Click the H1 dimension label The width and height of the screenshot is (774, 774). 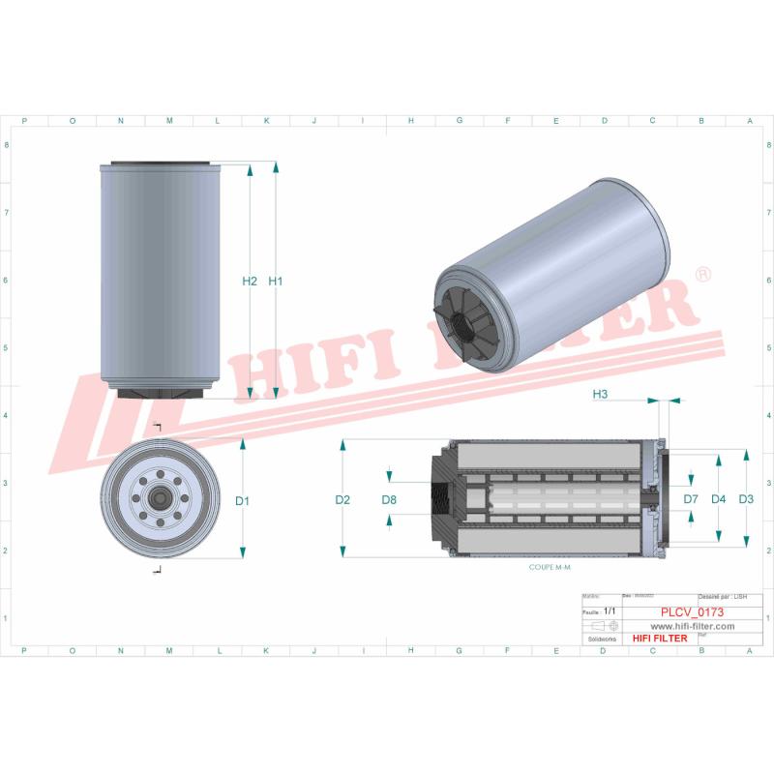pyautogui.click(x=275, y=282)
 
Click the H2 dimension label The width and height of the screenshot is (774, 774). pyautogui.click(x=249, y=282)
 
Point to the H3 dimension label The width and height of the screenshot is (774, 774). pyautogui.click(x=600, y=394)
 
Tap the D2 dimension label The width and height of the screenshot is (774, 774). pyautogui.click(x=342, y=500)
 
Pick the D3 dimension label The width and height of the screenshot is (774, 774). pyautogui.click(x=745, y=499)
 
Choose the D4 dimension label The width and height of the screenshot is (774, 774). pyautogui.click(x=718, y=499)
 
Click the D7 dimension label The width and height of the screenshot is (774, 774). pyautogui.click(x=691, y=499)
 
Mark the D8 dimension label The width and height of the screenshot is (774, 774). pyautogui.click(x=389, y=500)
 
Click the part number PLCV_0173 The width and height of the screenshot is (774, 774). pyautogui.click(x=691, y=612)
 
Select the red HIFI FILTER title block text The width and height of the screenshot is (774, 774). pyautogui.click(x=660, y=639)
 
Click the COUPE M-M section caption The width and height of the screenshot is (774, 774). pyautogui.click(x=550, y=569)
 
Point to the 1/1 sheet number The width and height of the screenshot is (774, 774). pyautogui.click(x=610, y=612)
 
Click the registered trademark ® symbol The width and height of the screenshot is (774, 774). pyautogui.click(x=703, y=275)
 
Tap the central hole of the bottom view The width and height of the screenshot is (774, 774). pyautogui.click(x=158, y=499)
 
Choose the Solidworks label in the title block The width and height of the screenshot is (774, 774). pyautogui.click(x=604, y=639)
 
